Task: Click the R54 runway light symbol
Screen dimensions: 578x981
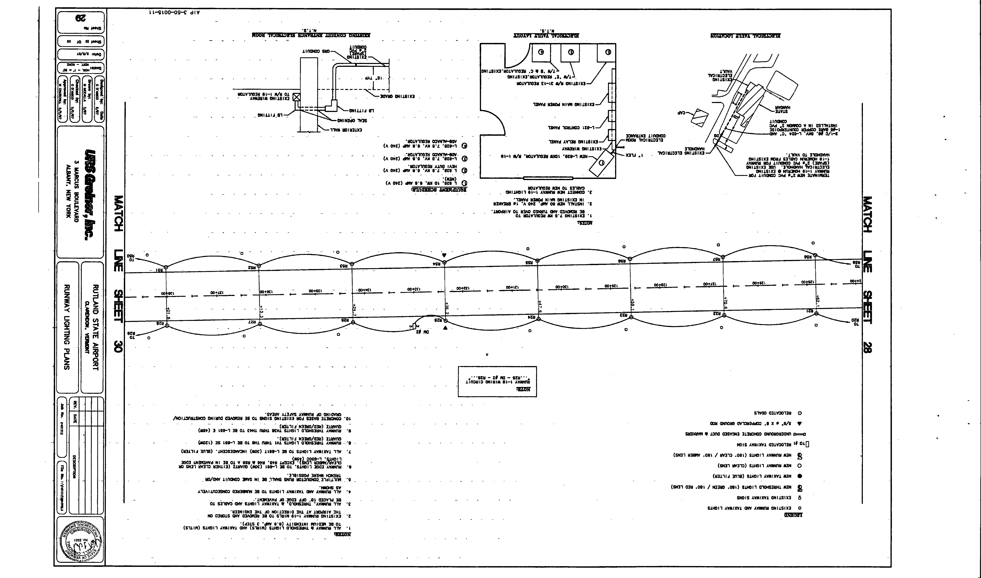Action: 444,262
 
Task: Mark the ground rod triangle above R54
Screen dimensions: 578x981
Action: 444,255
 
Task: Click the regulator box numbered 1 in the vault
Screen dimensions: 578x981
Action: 601,163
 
